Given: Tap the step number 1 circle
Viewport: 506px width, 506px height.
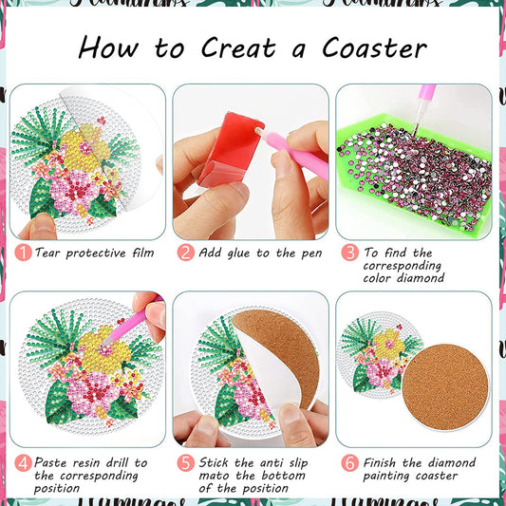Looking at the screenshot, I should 21,253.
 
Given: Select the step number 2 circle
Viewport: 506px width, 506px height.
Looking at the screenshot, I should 186,253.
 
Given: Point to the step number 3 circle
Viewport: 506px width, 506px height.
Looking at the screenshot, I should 349,253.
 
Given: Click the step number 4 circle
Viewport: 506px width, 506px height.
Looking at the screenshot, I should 21,462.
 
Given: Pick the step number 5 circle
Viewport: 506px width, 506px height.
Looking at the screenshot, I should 186,462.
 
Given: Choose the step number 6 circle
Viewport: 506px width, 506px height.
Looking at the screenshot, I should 349,462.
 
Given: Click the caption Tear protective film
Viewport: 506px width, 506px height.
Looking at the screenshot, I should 94,253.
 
